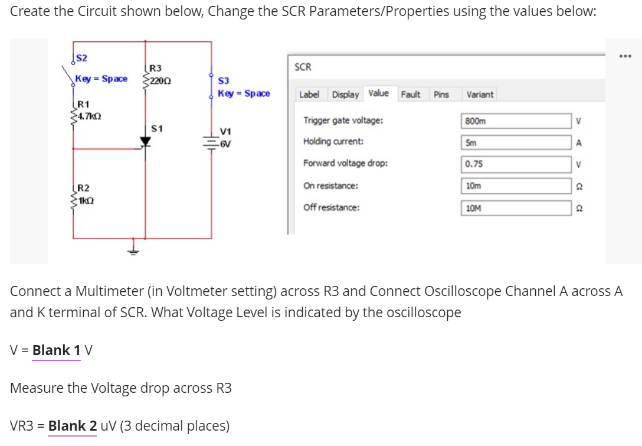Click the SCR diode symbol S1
(146, 141)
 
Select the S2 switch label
(82, 57)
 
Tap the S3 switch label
(224, 81)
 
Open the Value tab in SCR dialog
(378, 93)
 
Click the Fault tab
(411, 94)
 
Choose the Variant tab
(480, 94)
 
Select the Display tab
(345, 94)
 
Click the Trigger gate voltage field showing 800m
(516, 121)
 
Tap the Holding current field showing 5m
(516, 142)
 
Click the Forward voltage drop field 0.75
(516, 164)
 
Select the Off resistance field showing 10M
(516, 208)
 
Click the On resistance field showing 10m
(516, 186)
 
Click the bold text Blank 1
(57, 350)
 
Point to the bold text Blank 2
(72, 425)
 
